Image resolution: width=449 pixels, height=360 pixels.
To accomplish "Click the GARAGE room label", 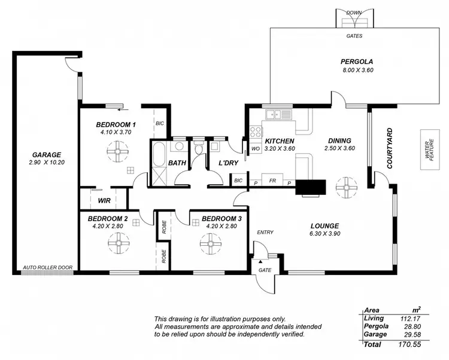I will pyautogui.click(x=47, y=154).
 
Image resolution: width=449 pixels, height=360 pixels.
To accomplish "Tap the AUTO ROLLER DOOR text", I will pyautogui.click(x=47, y=268).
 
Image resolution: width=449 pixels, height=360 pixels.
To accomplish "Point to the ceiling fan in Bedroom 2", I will pyautogui.click(x=116, y=243).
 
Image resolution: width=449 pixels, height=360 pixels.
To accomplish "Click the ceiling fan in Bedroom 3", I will pyautogui.click(x=211, y=243).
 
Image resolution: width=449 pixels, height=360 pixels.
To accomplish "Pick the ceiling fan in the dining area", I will pyautogui.click(x=345, y=187).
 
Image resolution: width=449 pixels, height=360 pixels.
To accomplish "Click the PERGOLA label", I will pyautogui.click(x=357, y=62).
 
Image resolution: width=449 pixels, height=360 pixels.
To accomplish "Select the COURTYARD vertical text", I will pyautogui.click(x=390, y=148).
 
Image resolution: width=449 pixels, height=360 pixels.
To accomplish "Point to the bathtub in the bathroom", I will pyautogui.click(x=159, y=154).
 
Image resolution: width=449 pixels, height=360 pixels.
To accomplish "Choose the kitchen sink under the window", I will pyautogui.click(x=279, y=114).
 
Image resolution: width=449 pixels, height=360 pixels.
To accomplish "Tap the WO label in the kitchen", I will pyautogui.click(x=254, y=148).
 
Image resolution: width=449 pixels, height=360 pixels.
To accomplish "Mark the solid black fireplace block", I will pyautogui.click(x=311, y=187).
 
